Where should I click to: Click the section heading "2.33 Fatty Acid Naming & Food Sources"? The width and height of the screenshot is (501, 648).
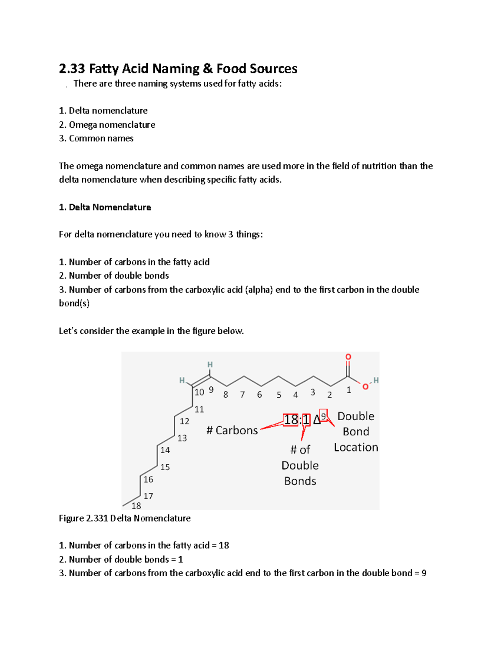click(178, 68)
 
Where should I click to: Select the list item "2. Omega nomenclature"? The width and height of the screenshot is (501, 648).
click(107, 125)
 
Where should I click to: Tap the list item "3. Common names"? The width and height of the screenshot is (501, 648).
click(96, 139)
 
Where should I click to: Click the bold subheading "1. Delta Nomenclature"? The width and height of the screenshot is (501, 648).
click(105, 207)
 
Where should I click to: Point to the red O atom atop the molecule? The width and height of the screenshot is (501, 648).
click(348, 357)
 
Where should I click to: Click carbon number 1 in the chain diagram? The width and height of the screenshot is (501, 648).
click(349, 390)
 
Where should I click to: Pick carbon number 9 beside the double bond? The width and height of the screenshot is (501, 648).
click(211, 390)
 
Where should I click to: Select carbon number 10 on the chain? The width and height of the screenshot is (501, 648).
click(199, 392)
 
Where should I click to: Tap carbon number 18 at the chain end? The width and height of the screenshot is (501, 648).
click(136, 506)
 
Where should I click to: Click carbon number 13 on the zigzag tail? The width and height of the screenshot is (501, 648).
click(182, 438)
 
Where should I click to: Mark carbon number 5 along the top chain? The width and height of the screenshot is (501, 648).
click(279, 395)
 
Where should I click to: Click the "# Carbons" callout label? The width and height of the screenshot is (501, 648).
click(232, 430)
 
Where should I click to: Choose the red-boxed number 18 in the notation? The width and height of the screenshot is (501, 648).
click(291, 419)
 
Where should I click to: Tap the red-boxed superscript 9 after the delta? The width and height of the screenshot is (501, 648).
click(324, 416)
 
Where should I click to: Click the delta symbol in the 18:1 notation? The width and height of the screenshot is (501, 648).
click(316, 420)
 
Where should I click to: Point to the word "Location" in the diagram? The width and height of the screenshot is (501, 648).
click(356, 447)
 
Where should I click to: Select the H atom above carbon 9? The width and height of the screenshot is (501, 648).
click(210, 365)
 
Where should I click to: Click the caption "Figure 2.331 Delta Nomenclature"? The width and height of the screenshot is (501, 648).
click(124, 518)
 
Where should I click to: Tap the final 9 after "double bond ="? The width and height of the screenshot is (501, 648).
click(424, 573)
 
